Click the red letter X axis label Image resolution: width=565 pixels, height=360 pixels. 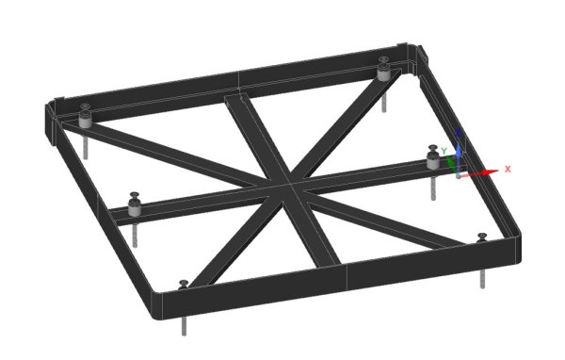pyautogui.click(x=508, y=169)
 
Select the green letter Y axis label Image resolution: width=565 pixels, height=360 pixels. pyautogui.click(x=443, y=151)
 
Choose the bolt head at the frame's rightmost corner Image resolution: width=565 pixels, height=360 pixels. pyautogui.click(x=481, y=236)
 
